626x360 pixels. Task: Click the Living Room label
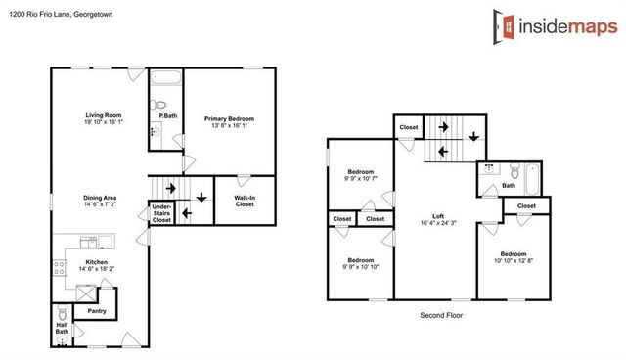click(103, 115)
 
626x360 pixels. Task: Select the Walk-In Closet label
click(245, 201)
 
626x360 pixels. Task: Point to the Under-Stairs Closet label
click(161, 213)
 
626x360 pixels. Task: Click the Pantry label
click(96, 311)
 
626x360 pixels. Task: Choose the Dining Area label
click(100, 198)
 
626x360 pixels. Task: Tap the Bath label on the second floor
click(508, 185)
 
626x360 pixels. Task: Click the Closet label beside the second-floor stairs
click(409, 127)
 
